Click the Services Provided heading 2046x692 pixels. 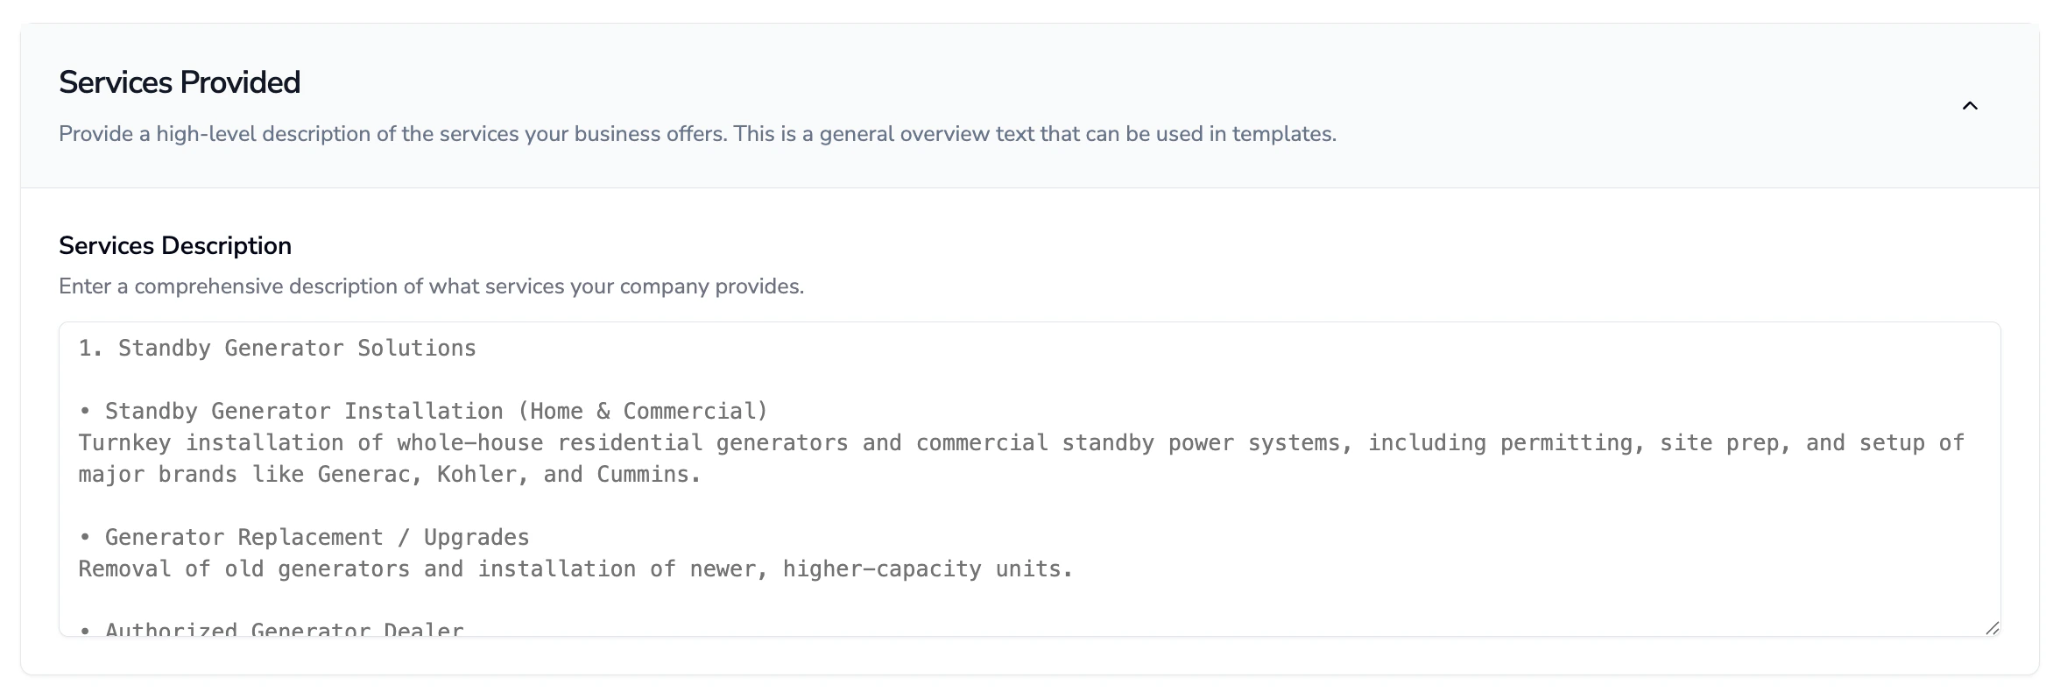click(180, 82)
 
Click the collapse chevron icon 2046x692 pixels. click(1970, 106)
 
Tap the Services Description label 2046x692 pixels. click(175, 246)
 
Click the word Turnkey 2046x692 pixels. click(124, 443)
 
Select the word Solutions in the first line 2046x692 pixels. click(417, 349)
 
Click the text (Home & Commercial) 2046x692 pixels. click(643, 412)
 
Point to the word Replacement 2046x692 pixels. click(311, 538)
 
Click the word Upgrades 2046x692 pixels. click(476, 538)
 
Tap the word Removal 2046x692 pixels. click(124, 569)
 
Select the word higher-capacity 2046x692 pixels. click(882, 569)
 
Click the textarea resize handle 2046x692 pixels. click(1992, 627)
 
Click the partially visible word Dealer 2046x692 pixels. click(424, 629)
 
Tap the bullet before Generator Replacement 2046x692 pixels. click(85, 538)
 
